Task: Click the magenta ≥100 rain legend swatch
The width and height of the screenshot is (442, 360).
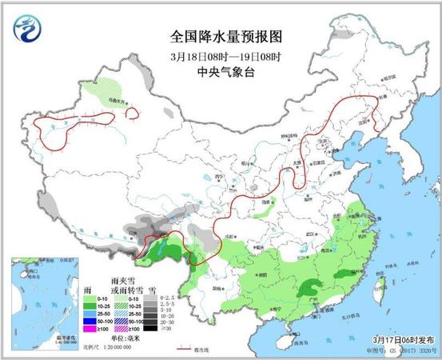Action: pos(102,328)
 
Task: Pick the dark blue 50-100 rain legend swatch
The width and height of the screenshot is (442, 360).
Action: pos(102,319)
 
